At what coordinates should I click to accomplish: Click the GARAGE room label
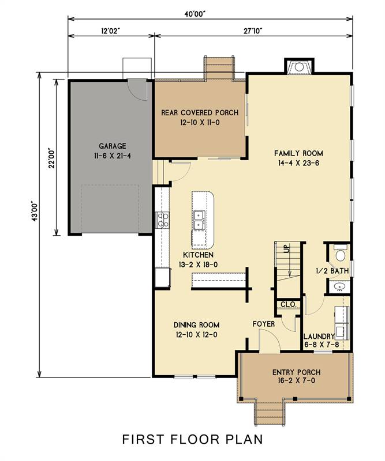click(x=112, y=146)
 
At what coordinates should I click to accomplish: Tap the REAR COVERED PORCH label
click(x=200, y=112)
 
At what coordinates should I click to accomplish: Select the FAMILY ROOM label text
click(x=298, y=153)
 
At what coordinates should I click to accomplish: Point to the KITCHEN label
click(x=198, y=255)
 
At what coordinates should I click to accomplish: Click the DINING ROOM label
click(x=196, y=325)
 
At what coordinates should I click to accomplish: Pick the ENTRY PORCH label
click(x=296, y=372)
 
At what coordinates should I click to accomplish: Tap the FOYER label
click(x=264, y=324)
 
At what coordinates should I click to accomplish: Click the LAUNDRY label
click(x=319, y=337)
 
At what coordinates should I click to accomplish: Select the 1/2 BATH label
click(x=332, y=271)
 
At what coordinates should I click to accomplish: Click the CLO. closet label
click(x=289, y=304)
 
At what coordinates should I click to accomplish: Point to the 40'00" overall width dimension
click(x=195, y=14)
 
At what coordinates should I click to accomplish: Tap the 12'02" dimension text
click(x=111, y=31)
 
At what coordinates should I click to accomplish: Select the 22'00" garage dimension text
click(x=52, y=157)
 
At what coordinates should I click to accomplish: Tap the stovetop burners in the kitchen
click(x=162, y=220)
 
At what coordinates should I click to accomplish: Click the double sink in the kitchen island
click(x=199, y=220)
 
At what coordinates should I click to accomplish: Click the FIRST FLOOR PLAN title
click(x=192, y=439)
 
